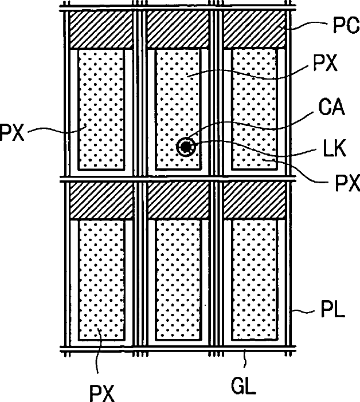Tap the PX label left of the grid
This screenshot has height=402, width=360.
(13, 133)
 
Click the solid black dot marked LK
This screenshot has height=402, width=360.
(186, 147)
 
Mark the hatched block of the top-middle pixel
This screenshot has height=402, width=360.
(177, 29)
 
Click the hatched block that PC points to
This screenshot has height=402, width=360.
(253, 29)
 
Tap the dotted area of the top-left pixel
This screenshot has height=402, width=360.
(101, 109)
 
